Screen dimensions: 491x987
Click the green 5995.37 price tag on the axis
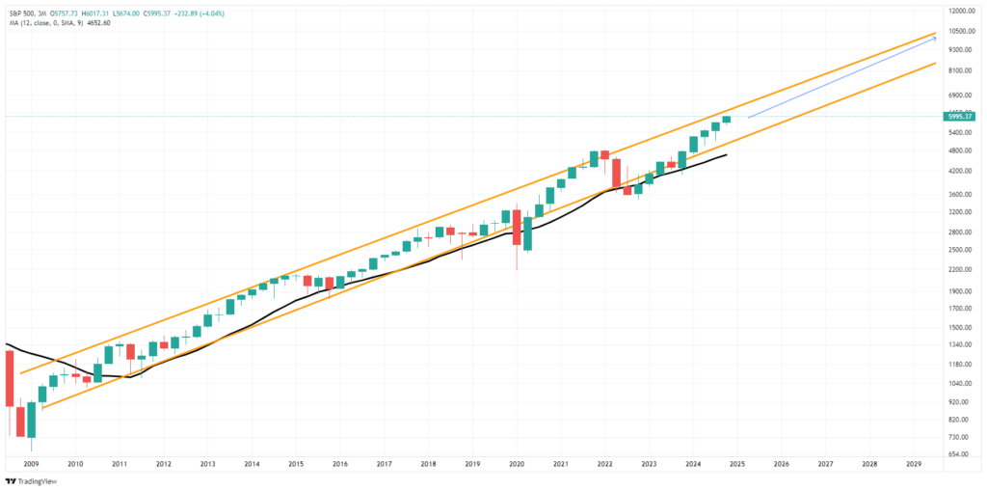click(965, 117)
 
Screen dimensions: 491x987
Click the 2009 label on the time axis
click(31, 464)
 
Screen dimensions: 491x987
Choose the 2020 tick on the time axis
click(515, 464)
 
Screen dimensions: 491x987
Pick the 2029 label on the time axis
click(913, 464)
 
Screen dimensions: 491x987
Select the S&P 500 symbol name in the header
click(21, 10)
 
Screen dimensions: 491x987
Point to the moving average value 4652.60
click(98, 22)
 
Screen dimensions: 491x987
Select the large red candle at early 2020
click(517, 228)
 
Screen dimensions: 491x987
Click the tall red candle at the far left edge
click(9, 378)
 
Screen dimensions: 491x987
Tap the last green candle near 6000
click(727, 119)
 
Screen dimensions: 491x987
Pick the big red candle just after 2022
click(616, 173)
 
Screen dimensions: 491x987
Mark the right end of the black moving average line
click(726, 154)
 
